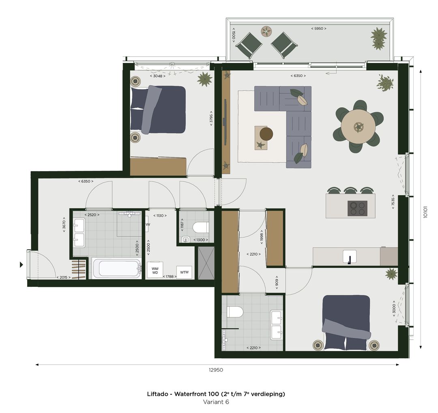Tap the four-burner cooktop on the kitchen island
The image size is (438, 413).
pyautogui.click(x=357, y=208)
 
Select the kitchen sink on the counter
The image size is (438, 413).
pyautogui.click(x=349, y=257)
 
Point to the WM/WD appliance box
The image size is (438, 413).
pyautogui.click(x=155, y=271)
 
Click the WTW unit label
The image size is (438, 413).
pyautogui.click(x=185, y=272)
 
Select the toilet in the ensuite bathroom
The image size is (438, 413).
pyautogui.click(x=235, y=312)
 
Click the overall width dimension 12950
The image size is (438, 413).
pyautogui.click(x=216, y=370)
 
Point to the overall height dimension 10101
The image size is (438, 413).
pyautogui.click(x=425, y=211)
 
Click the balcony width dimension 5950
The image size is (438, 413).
pyautogui.click(x=318, y=28)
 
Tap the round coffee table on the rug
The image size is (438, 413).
pyautogui.click(x=266, y=133)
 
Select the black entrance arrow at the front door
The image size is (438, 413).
pyautogui.click(x=21, y=265)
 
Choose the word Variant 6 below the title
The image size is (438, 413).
pyautogui.click(x=216, y=402)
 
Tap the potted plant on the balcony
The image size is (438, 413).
pyautogui.click(x=378, y=39)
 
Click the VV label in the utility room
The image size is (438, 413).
pyautogui.click(x=148, y=224)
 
